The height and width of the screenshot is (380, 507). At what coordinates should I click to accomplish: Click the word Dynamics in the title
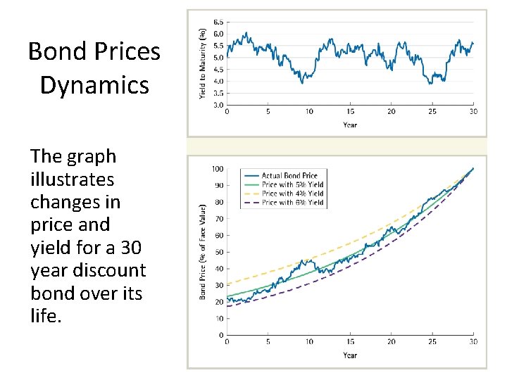pos(94,85)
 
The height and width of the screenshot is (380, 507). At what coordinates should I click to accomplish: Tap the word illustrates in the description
pos(72,179)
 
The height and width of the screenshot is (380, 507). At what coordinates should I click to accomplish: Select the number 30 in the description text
pos(132,247)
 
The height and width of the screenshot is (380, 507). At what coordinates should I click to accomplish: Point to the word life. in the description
pos(46,315)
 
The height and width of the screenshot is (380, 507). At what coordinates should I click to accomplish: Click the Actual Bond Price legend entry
pos(289,175)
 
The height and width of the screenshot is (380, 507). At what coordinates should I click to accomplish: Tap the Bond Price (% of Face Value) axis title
pos(203,252)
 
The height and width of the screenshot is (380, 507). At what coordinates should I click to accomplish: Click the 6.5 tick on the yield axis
pos(218,22)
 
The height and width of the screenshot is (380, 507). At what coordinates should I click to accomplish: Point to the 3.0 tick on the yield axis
pos(218,105)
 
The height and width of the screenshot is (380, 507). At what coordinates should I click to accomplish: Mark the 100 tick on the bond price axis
pos(218,169)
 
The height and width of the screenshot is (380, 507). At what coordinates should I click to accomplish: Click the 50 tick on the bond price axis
pos(219,252)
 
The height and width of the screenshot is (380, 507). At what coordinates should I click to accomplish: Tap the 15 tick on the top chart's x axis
pos(350,112)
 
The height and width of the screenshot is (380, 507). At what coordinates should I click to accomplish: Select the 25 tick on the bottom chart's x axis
pos(432,342)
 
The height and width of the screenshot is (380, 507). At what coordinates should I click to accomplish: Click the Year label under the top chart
pos(350,125)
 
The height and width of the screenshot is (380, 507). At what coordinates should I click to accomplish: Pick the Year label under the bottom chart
pos(350,355)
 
